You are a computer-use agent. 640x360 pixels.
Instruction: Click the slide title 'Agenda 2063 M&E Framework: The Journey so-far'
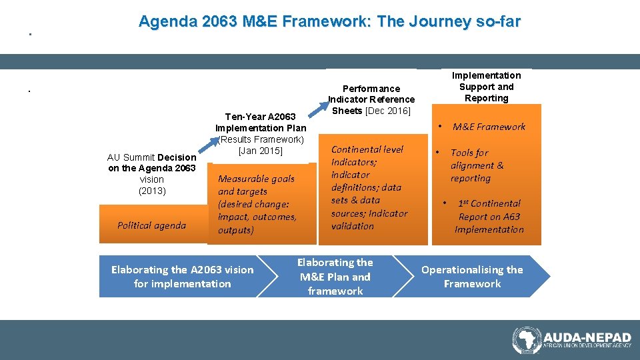(329, 21)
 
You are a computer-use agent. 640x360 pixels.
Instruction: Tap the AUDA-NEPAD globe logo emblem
(527, 340)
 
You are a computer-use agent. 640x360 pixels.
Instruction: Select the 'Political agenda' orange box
(151, 225)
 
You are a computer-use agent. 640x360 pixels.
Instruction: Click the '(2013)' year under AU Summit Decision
(152, 191)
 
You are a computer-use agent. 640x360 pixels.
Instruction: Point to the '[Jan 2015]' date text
(261, 151)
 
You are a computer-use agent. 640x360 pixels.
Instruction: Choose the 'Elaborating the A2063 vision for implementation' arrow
(182, 277)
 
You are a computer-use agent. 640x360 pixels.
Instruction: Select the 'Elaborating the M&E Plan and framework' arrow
(335, 277)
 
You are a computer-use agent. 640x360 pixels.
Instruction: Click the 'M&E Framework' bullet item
(489, 127)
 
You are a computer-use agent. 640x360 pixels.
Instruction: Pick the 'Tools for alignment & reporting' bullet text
(477, 165)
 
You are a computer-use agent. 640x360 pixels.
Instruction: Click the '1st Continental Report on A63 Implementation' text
(489, 217)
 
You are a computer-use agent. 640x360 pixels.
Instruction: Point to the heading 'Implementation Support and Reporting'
(486, 87)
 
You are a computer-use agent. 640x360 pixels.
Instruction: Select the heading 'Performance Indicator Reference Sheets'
(371, 94)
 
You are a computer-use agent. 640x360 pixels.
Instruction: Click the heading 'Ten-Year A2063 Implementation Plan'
(261, 123)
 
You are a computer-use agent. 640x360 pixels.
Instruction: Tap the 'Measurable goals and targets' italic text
(256, 185)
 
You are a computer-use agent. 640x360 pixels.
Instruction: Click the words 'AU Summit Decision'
(151, 157)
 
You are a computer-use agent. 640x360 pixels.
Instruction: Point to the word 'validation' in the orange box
(353, 226)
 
